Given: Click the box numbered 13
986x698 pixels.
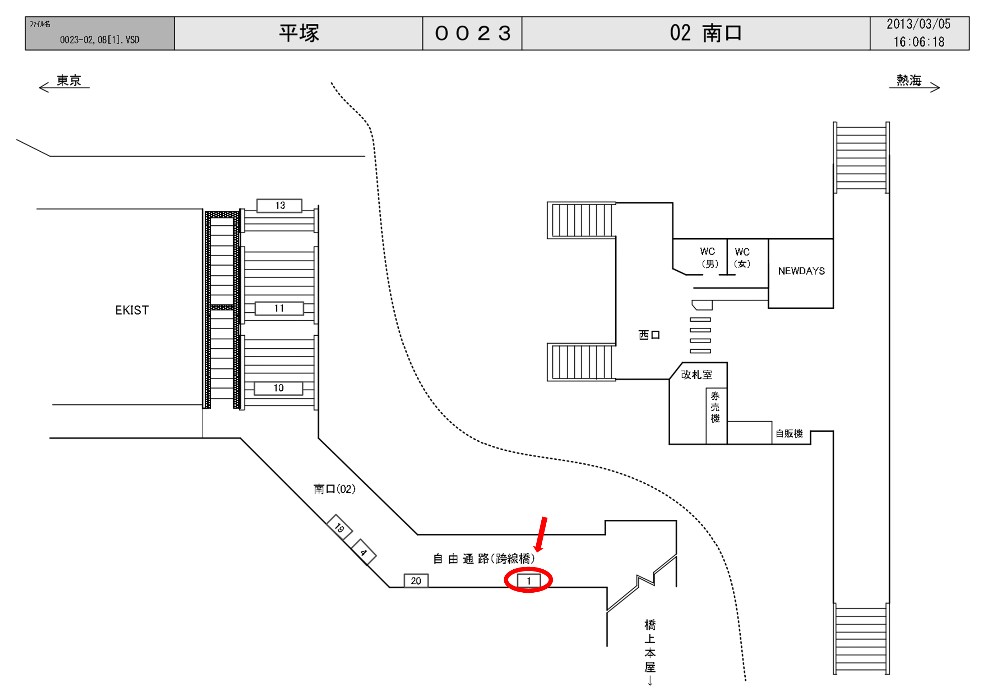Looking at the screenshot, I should coord(279,206).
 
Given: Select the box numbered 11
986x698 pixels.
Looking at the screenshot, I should coord(279,308).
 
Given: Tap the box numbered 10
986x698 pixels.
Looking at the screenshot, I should coord(278,388).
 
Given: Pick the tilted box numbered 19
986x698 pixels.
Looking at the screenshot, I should coord(339,527).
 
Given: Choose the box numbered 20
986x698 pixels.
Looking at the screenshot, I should coord(416,581).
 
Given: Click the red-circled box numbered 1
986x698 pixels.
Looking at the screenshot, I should coord(528,581).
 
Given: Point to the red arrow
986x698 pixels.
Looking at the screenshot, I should coord(541,534).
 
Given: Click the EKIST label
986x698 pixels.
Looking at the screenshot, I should coord(132,310).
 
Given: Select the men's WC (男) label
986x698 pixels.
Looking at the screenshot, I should coord(708,257).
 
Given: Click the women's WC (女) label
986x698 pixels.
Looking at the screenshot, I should coord(742,257).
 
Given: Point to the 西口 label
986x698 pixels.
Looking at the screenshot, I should coord(649,335).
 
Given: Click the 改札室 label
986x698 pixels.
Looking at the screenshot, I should coord(696,375).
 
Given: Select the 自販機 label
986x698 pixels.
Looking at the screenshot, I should coord(789,433).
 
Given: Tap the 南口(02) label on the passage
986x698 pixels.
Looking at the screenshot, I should coord(334,489).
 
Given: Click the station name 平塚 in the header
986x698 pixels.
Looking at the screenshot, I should coord(299,33).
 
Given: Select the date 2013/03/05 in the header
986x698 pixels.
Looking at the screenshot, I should coord(918,24).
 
